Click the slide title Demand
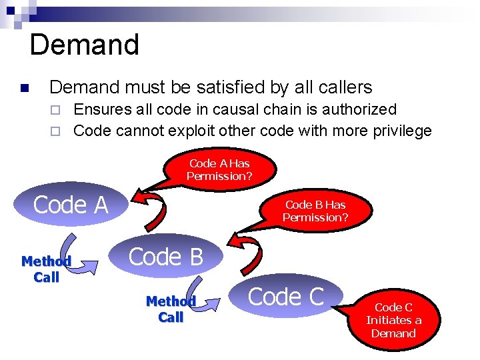click(x=84, y=45)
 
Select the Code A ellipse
click(x=71, y=205)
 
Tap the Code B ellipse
click(x=165, y=257)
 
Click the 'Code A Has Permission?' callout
click(x=219, y=170)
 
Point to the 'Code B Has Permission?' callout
click(x=315, y=211)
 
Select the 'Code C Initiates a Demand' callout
click(x=393, y=320)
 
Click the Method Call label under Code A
click(x=46, y=269)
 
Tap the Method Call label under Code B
click(x=171, y=309)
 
